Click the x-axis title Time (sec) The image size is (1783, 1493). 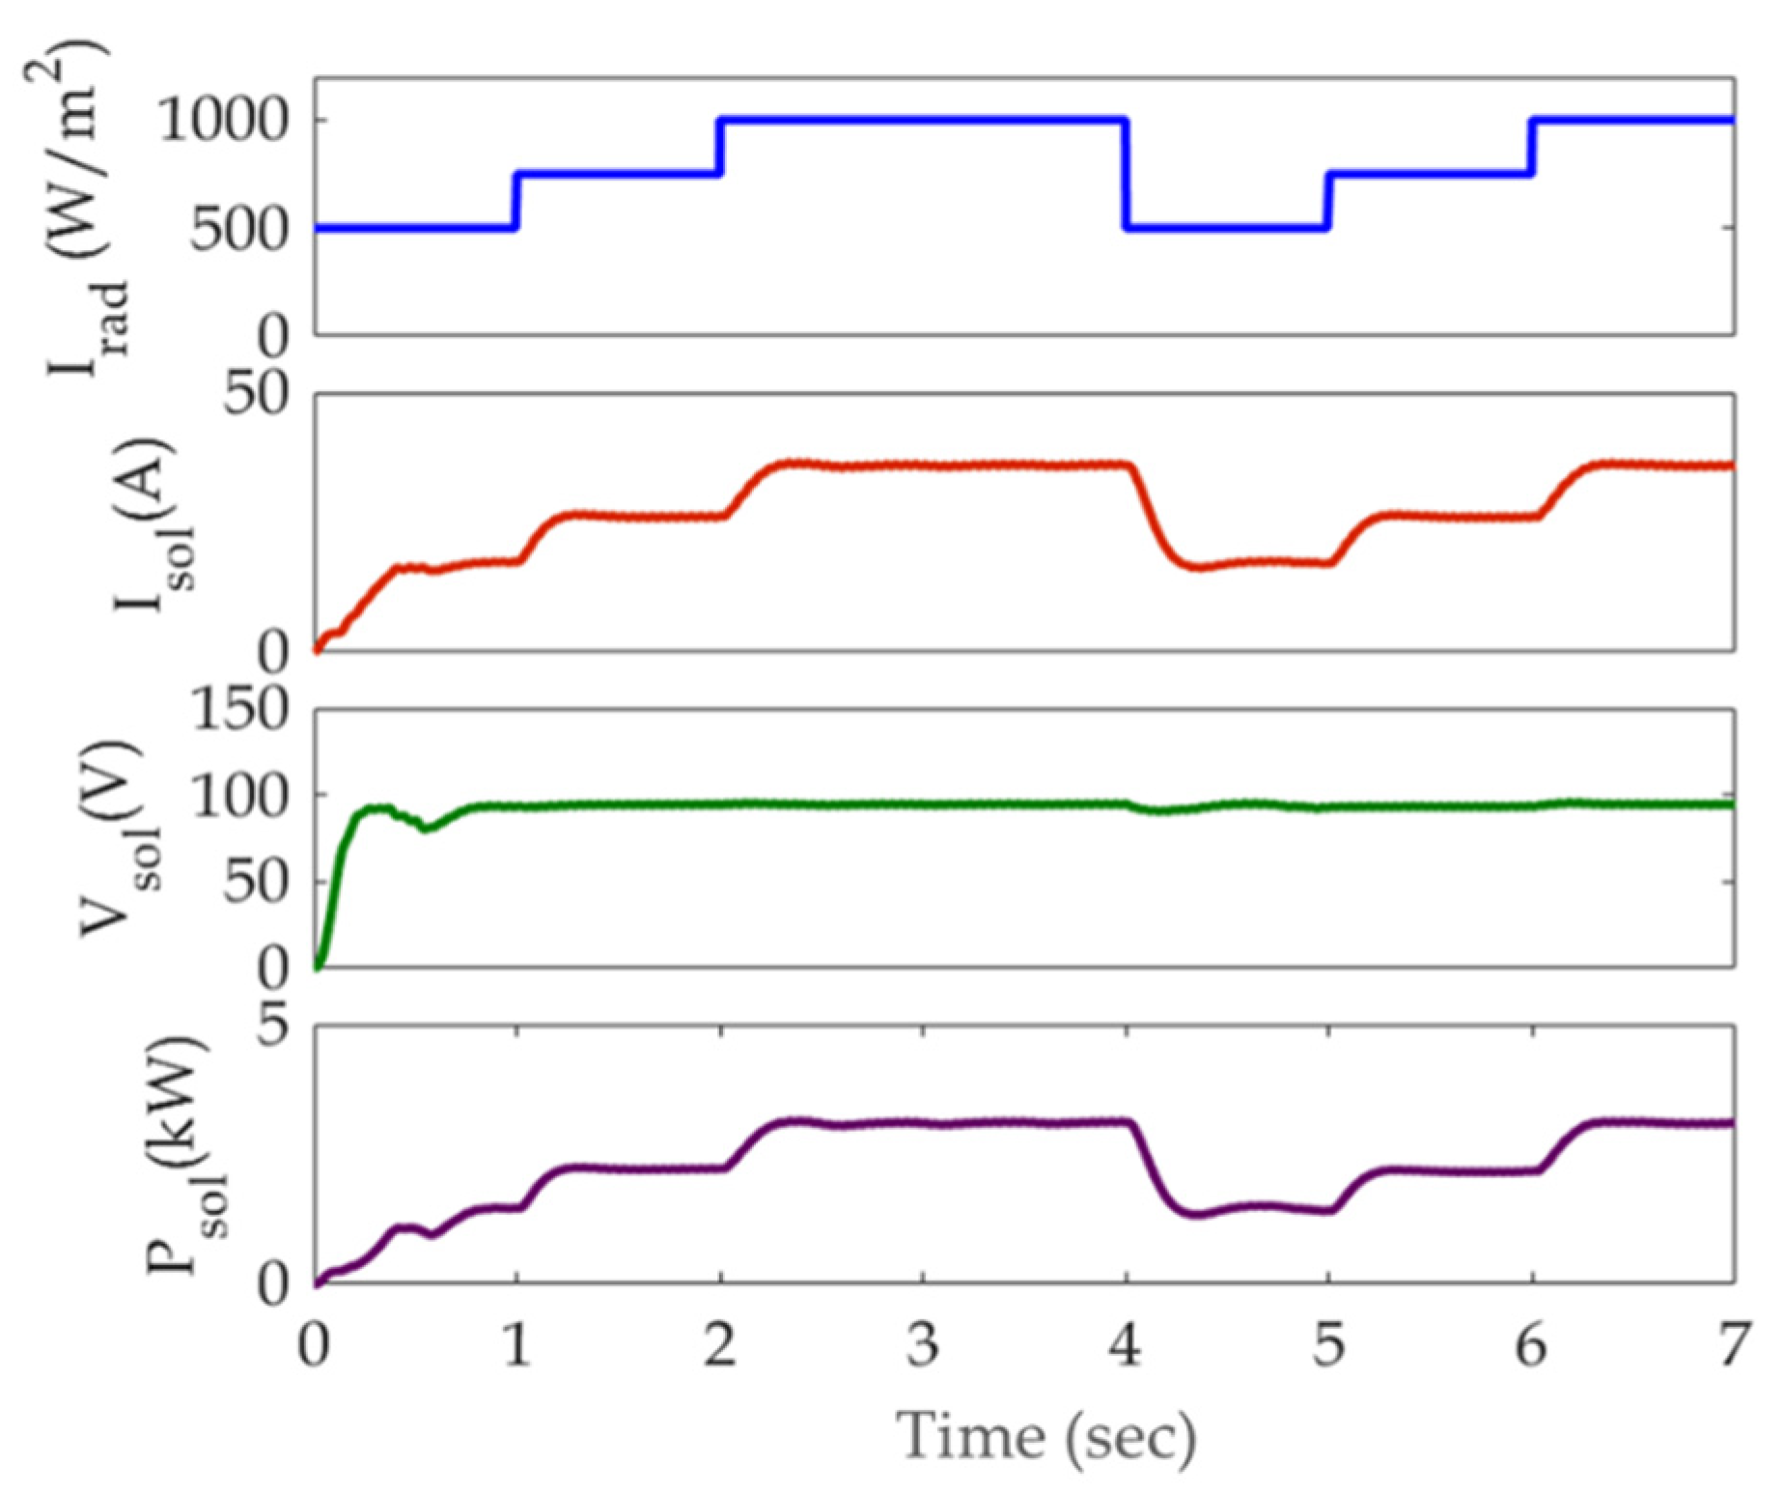pyautogui.click(x=1046, y=1437)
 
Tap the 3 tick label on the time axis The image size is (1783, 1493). pyautogui.click(x=923, y=1344)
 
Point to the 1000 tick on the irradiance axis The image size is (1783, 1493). pyautogui.click(x=223, y=122)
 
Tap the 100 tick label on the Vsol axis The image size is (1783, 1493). pyautogui.click(x=239, y=797)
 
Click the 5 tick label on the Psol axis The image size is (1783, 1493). pyautogui.click(x=272, y=1025)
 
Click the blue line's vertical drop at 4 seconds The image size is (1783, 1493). pyautogui.click(x=1126, y=174)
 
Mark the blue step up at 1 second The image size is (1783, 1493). pyautogui.click(x=515, y=201)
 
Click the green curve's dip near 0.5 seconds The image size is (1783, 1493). pyautogui.click(x=428, y=828)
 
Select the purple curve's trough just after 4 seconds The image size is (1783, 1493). pyautogui.click(x=1197, y=1214)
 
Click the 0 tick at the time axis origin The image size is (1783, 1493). pyautogui.click(x=315, y=1344)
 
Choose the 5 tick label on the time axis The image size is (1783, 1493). pyautogui.click(x=1328, y=1344)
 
